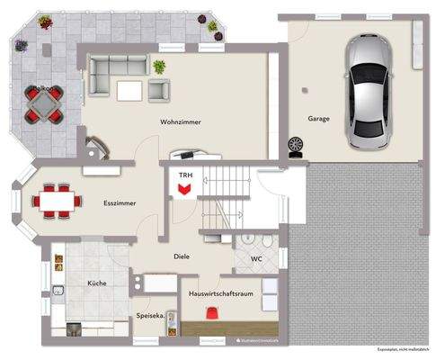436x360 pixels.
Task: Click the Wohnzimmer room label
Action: click(181, 121)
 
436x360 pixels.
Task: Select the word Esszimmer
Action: click(120, 203)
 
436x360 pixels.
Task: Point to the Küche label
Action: click(97, 283)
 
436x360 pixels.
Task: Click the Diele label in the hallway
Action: click(182, 256)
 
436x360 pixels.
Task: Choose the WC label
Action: click(256, 260)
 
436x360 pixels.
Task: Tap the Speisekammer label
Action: click(148, 316)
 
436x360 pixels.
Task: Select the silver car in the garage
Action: click(369, 92)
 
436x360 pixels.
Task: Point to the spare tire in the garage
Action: click(294, 144)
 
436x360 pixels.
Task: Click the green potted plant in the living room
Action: click(160, 67)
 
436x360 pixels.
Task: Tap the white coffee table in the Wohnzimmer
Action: click(129, 90)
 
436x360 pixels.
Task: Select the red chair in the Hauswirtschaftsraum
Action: click(212, 312)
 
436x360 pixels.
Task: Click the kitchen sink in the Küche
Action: click(58, 291)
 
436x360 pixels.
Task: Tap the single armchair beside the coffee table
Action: click(159, 89)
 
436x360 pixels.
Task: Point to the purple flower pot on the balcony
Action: click(42, 20)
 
